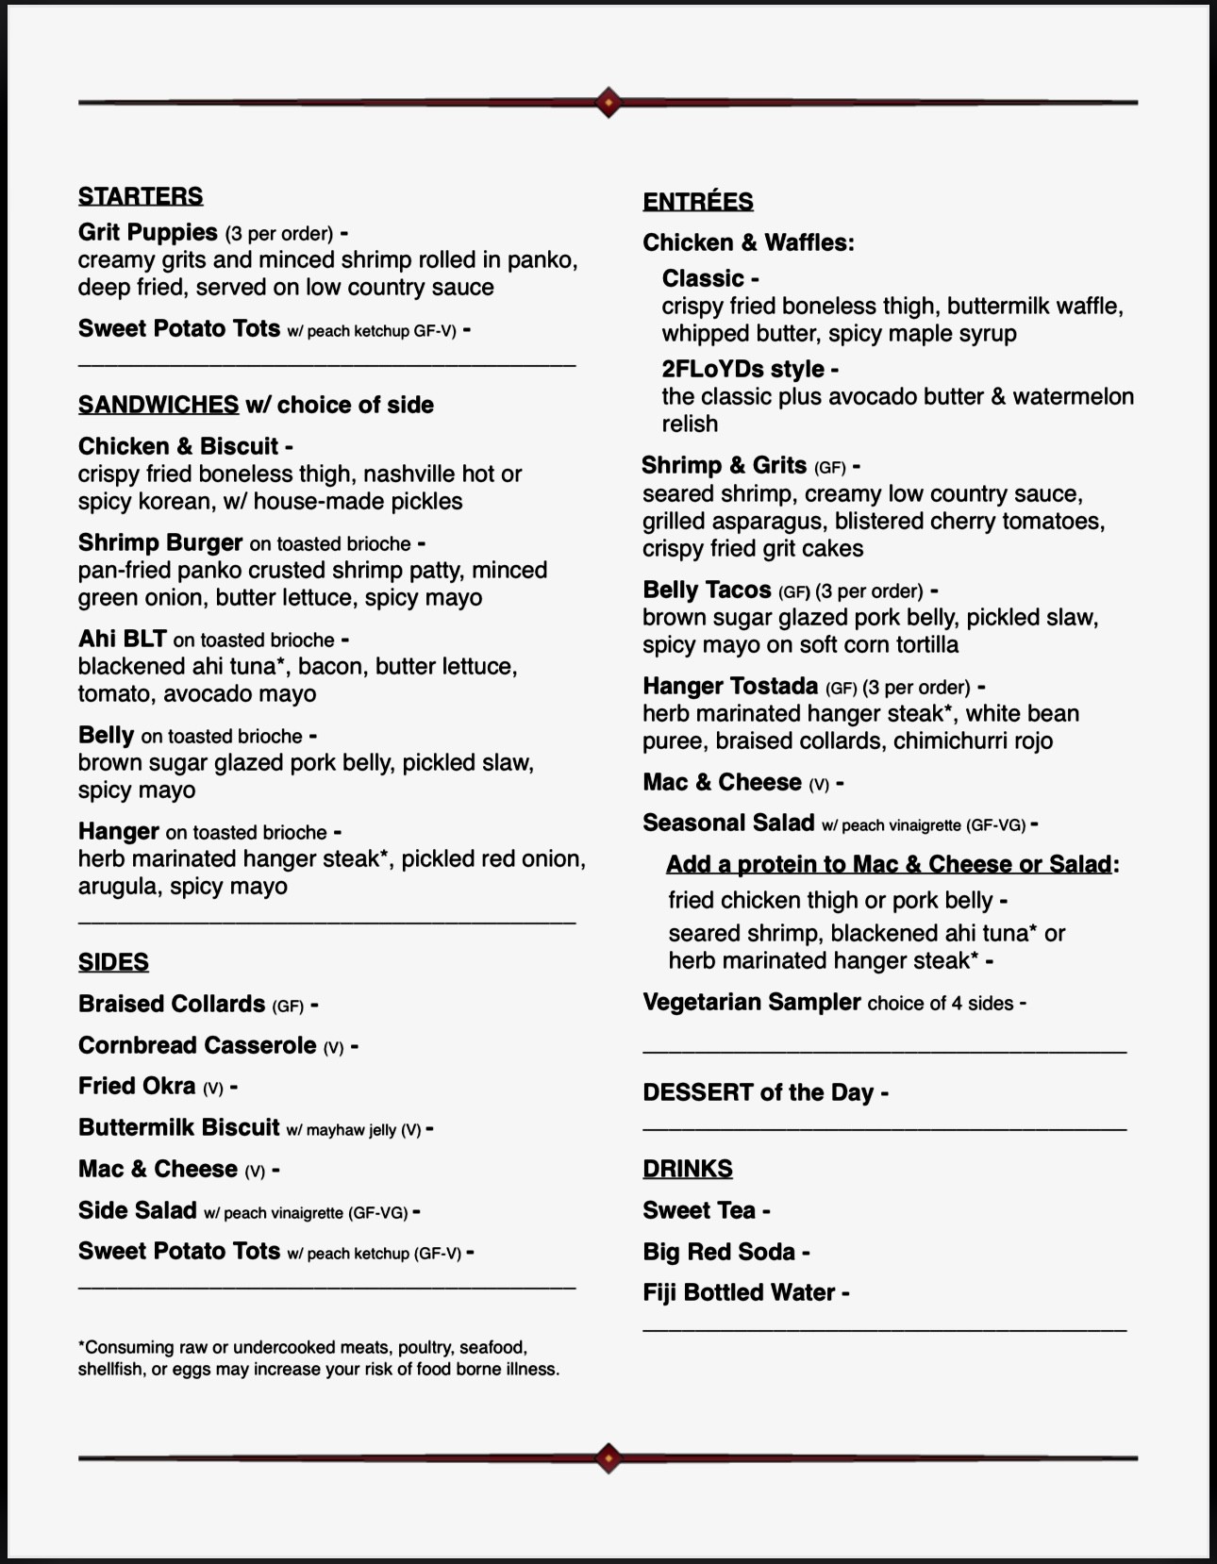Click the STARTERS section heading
141,196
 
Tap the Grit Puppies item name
148,232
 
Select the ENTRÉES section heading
698,202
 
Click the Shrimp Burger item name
160,542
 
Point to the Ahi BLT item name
123,639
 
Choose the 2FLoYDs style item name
743,369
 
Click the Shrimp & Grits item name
725,465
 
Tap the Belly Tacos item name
707,590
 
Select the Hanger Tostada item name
730,686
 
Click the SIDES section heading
113,962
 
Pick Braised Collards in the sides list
172,1004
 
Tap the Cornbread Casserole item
197,1045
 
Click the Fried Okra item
137,1086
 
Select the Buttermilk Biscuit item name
179,1127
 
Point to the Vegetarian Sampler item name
752,1002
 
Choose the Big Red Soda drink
719,1252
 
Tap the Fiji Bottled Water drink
739,1292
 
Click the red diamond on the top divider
608,102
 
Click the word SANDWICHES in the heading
158,405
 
